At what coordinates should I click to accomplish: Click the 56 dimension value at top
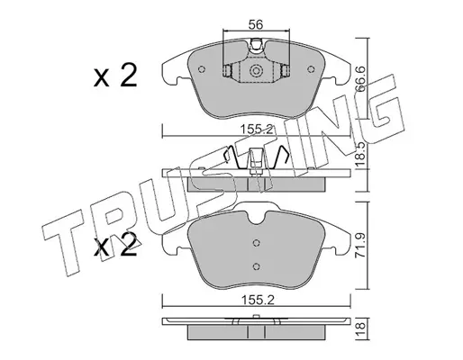point(256,25)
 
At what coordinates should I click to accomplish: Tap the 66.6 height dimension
point(359,79)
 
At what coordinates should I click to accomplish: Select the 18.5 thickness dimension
point(360,154)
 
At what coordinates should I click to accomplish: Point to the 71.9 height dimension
point(360,245)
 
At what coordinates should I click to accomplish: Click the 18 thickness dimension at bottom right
point(361,329)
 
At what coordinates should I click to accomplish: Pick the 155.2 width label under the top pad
point(257,130)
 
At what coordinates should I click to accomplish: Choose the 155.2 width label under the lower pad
point(257,300)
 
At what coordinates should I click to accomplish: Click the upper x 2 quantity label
point(115,76)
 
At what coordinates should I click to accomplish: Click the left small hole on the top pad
point(202,69)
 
